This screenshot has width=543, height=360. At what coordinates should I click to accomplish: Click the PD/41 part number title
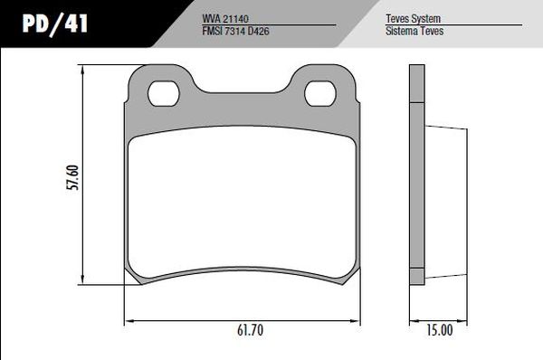click(x=54, y=24)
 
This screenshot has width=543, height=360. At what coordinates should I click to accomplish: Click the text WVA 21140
click(x=225, y=18)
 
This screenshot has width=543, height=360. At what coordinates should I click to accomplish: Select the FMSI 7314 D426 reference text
click(x=235, y=31)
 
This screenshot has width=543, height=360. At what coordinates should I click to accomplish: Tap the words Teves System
click(x=414, y=18)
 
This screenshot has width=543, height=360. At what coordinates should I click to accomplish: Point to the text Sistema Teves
click(x=414, y=31)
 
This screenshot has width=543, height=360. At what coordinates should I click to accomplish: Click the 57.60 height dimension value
click(x=72, y=177)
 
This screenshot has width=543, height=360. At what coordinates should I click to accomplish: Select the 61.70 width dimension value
click(x=250, y=330)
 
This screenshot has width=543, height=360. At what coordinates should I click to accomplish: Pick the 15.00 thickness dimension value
click(x=440, y=330)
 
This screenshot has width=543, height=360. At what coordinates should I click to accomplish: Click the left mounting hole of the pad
click(x=164, y=93)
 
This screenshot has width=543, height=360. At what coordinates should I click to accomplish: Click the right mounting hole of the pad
click(x=320, y=93)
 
